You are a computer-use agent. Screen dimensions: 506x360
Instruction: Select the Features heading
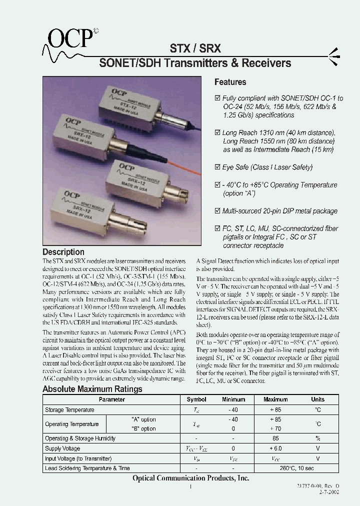[230, 82]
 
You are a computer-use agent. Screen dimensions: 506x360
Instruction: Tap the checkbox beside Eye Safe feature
[217, 167]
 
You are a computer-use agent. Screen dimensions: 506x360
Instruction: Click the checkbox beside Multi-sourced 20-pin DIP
[217, 211]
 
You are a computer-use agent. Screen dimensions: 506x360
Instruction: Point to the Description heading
[63, 252]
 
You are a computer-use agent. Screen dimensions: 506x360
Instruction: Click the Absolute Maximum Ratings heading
[92, 389]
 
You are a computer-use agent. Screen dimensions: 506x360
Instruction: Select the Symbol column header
[196, 399]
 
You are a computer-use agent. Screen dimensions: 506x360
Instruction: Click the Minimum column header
[233, 399]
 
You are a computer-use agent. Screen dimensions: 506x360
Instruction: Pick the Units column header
[317, 399]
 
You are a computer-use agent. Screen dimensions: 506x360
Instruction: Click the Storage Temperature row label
[69, 410]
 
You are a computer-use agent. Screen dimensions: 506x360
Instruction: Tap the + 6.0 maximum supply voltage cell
[275, 448]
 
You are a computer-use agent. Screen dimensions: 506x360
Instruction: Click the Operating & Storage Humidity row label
[80, 438]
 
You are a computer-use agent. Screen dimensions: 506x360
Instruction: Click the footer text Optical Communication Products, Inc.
[190, 478]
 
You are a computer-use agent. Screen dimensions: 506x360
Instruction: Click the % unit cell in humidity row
[317, 438]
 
